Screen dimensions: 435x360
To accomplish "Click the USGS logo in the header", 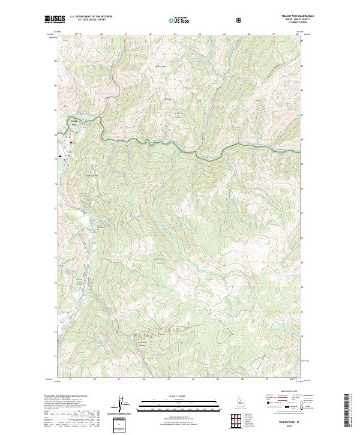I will click(55, 20).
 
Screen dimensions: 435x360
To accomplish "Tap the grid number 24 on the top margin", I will click(200, 35).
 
